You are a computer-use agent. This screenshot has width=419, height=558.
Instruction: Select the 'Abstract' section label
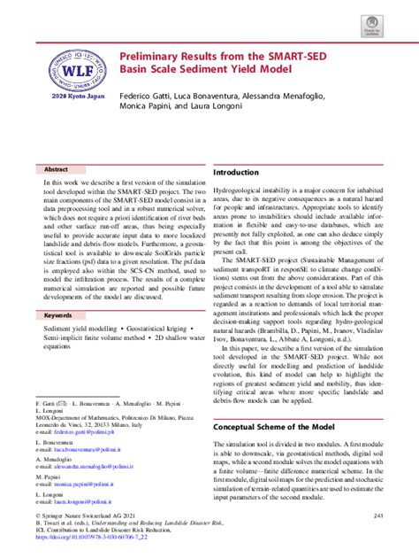pos(58,167)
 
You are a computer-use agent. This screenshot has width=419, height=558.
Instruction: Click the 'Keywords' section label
pos(60,314)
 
